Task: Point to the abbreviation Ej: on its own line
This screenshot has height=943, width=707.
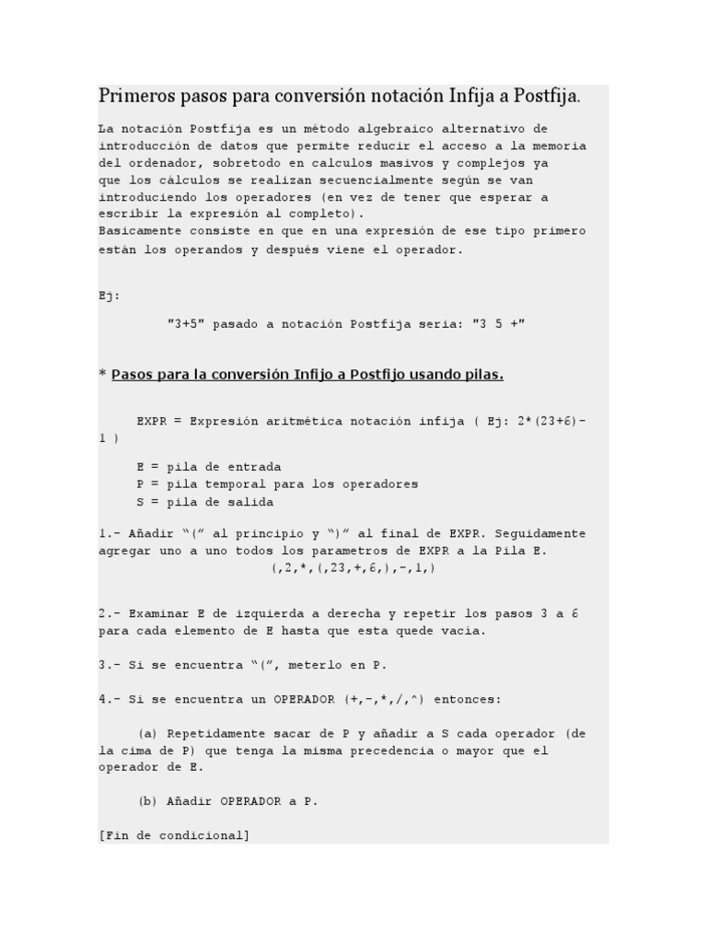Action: pyautogui.click(x=109, y=296)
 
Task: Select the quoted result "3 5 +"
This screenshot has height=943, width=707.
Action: pyautogui.click(x=498, y=323)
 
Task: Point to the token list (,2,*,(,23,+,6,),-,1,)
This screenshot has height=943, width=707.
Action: pyautogui.click(x=353, y=568)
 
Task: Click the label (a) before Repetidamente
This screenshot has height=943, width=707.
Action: pyautogui.click(x=148, y=734)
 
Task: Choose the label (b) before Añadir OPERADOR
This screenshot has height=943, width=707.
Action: pyautogui.click(x=148, y=801)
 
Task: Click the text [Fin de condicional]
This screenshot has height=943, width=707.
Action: pyautogui.click(x=174, y=835)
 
